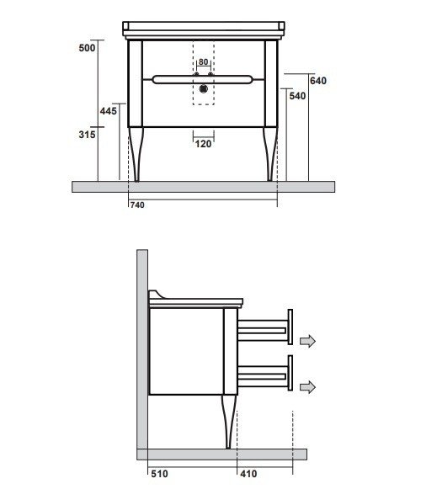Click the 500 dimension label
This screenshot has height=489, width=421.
tap(87, 47)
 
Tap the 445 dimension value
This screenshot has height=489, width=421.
tap(107, 111)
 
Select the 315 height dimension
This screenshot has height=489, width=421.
tap(87, 134)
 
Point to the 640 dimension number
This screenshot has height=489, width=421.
tap(317, 81)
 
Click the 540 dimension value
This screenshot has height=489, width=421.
tap(296, 97)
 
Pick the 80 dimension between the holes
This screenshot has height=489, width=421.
tap(203, 62)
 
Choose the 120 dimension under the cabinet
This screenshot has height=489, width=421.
tap(203, 143)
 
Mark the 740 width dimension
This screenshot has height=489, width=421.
tap(138, 205)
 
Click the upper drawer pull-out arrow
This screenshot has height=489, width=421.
tap(307, 340)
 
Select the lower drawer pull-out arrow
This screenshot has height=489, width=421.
tap(307, 386)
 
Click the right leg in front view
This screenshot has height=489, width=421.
tap(272, 156)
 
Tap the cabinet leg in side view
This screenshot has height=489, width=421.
tap(227, 421)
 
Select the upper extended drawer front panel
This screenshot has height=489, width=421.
tap(290, 327)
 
